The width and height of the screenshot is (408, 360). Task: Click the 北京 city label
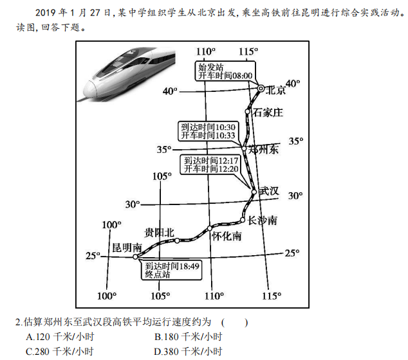(x=275, y=90)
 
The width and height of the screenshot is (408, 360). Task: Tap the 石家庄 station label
(x=268, y=113)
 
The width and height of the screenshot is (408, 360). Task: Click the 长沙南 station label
(x=263, y=221)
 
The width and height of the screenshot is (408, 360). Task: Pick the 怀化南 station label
(x=227, y=236)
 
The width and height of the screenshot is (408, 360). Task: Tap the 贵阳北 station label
(x=160, y=232)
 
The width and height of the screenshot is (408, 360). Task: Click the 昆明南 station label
(x=126, y=248)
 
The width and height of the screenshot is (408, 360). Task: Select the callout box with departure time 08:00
(x=225, y=71)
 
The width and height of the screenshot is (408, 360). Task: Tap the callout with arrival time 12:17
(x=212, y=165)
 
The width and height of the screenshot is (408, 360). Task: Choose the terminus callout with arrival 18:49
(x=172, y=269)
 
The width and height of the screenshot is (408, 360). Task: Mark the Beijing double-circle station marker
(x=261, y=89)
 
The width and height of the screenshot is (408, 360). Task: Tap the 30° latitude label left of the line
(x=132, y=204)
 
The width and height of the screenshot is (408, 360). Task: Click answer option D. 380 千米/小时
(x=189, y=352)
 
